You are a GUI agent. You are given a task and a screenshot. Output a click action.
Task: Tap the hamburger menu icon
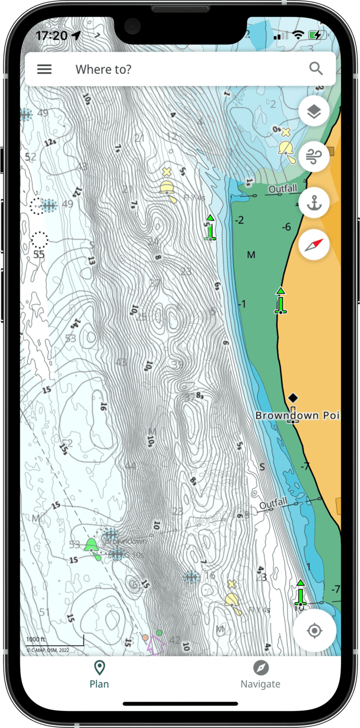45,69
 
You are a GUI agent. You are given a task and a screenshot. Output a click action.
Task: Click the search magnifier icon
316,69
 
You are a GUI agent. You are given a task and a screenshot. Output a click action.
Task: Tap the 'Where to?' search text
104,69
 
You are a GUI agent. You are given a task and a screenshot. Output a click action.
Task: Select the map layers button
314,111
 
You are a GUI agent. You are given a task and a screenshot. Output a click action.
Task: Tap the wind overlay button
314,157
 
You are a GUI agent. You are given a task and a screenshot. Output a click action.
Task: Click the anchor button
314,202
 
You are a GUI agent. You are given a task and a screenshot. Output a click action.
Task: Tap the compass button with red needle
314,245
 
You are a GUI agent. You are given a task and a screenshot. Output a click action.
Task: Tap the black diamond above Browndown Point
293,398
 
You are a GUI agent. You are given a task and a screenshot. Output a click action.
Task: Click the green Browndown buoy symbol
91,546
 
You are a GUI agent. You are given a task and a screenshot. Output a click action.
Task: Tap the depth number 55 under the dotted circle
39,255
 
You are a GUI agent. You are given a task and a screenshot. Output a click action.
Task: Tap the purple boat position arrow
156,646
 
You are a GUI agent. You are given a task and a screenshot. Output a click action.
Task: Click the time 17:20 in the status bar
52,36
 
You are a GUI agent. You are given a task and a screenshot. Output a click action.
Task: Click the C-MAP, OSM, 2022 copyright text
47,650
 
